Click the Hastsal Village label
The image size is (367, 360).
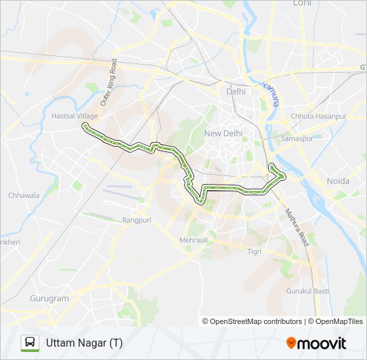coord(75,116)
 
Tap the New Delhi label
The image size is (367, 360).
coord(223,133)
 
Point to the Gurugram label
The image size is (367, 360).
coord(49,299)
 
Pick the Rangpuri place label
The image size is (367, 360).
coord(138,219)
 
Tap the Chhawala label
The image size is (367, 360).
coord(24,196)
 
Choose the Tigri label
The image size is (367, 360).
coord(254,251)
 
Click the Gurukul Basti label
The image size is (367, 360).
coord(308,291)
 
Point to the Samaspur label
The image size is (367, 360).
coord(297,138)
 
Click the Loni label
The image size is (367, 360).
coord(302,3)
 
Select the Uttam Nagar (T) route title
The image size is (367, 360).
coord(84,343)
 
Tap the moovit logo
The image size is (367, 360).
coord(316,343)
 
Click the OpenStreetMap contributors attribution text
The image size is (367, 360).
coord(252,321)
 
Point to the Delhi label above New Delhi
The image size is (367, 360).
coord(236,91)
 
